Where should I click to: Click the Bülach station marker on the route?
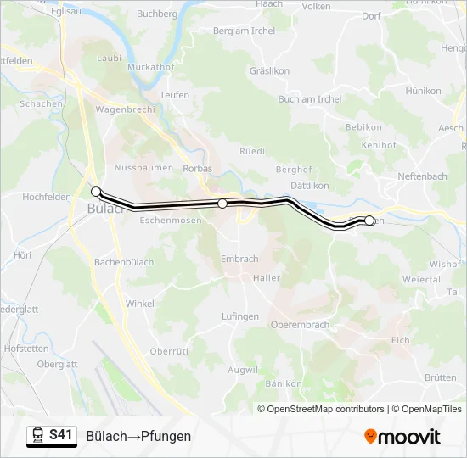click(x=96, y=191)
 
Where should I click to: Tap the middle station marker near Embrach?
click(x=222, y=204)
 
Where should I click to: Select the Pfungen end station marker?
click(x=369, y=221)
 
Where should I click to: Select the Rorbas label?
click(x=198, y=169)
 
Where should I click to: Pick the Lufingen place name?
click(x=240, y=316)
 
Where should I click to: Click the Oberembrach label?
click(x=299, y=326)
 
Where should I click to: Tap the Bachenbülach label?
click(x=124, y=263)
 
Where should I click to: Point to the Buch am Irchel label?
click(x=310, y=99)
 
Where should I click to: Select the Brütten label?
click(x=440, y=378)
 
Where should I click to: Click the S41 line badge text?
click(x=60, y=435)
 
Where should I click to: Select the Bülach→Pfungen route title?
click(x=138, y=436)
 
